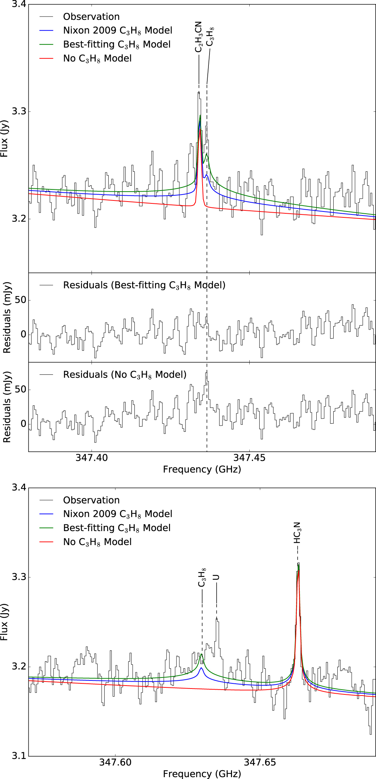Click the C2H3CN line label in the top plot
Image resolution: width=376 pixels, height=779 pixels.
click(198, 37)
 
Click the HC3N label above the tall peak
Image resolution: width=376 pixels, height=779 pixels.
click(297, 533)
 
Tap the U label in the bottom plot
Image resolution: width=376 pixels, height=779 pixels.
click(216, 577)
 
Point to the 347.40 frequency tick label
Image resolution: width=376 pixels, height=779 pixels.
click(92, 458)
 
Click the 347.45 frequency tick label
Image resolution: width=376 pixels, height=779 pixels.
click(249, 458)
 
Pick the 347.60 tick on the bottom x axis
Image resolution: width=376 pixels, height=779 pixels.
click(115, 762)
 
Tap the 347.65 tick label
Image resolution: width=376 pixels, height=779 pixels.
click(260, 762)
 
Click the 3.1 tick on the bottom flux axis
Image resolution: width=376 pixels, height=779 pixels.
click(18, 756)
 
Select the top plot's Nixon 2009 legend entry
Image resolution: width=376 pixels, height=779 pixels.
click(117, 31)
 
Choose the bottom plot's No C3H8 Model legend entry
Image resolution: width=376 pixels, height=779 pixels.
click(97, 542)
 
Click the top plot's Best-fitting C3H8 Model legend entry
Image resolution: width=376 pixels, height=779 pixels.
click(117, 45)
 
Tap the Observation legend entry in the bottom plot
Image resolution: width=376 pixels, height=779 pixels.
click(91, 500)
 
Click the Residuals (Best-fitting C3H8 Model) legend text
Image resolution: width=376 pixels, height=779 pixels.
click(144, 285)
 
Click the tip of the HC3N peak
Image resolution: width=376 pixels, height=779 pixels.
click(298, 563)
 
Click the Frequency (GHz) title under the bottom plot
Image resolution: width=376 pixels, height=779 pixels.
click(202, 773)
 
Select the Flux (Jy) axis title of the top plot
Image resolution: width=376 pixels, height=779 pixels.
click(4, 138)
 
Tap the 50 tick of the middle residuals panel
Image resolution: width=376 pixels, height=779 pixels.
click(21, 300)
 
